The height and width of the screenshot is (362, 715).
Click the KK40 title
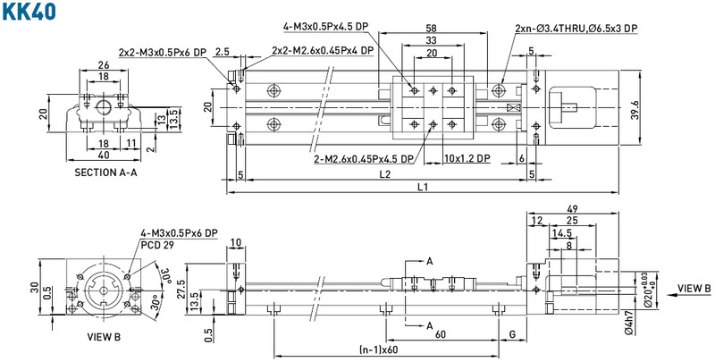coord(29,11)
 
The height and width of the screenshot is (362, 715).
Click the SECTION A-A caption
coord(105,173)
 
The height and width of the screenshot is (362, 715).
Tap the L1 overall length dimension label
coord(423,187)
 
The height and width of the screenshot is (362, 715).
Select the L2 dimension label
coord(386,173)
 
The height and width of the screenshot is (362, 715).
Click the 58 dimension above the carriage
coord(432,28)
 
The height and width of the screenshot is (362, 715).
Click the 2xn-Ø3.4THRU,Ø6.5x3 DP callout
coord(576,29)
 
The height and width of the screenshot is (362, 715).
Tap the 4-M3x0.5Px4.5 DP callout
coord(325,27)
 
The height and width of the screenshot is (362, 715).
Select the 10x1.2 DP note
coord(467,158)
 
